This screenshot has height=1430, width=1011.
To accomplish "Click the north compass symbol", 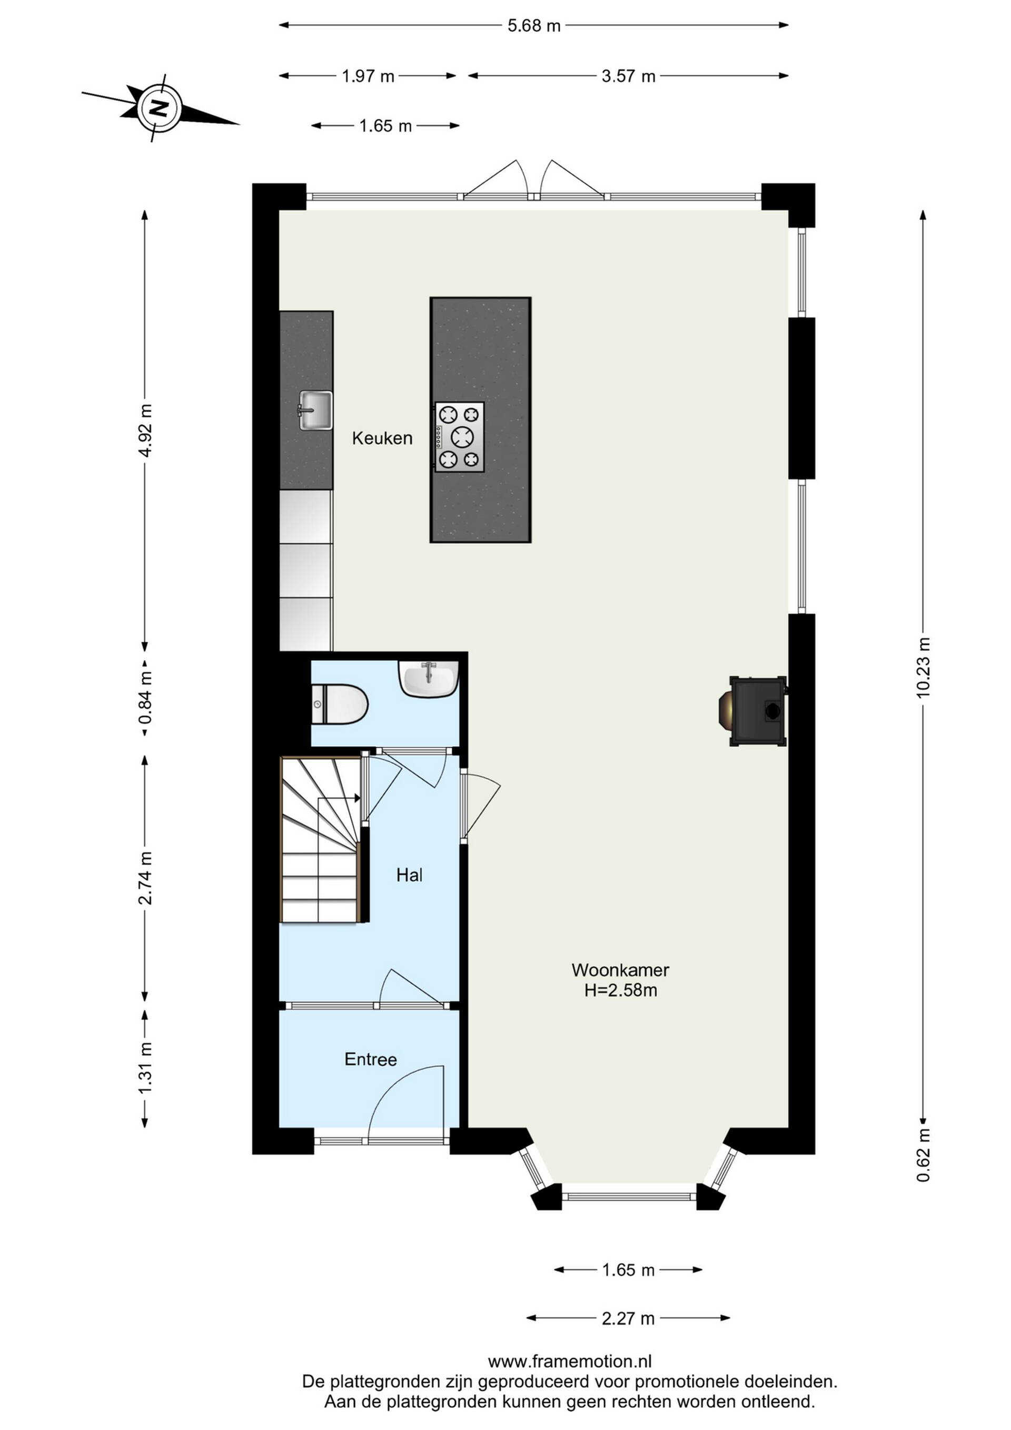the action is (160, 107).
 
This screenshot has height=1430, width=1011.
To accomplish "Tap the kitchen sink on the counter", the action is (315, 410).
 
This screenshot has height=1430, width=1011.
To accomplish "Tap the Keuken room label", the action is (382, 438).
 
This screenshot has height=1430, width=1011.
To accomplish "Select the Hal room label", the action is (409, 875).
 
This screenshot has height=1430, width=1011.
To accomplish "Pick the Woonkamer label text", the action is (620, 969).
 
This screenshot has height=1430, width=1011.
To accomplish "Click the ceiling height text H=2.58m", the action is (620, 990).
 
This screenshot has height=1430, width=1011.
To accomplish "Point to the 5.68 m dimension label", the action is (533, 25).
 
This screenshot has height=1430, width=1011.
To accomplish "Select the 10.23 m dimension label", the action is (923, 667).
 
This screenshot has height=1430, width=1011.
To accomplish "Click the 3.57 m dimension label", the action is (628, 76).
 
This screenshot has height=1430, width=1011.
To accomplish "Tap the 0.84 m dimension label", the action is (145, 698).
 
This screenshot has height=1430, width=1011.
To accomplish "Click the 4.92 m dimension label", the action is (145, 430).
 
